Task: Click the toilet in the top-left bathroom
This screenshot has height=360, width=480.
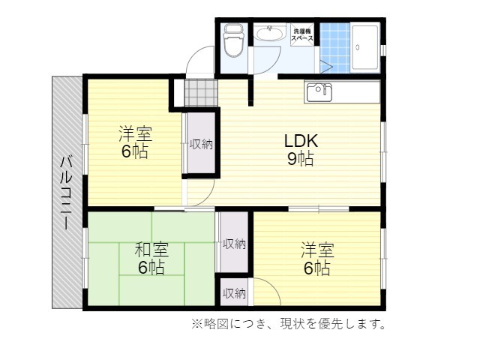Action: pyautogui.click(x=234, y=40)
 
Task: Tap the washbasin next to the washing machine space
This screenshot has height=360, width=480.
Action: pyautogui.click(x=269, y=33)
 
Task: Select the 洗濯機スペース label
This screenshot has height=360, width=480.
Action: pyautogui.click(x=302, y=34)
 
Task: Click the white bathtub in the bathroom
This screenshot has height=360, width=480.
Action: pyautogui.click(x=365, y=48)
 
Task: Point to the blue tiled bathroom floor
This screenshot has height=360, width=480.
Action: pyautogui.click(x=335, y=48)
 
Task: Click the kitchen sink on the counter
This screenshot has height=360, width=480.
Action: pyautogui.click(x=319, y=92)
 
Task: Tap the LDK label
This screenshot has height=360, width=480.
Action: pyautogui.click(x=301, y=141)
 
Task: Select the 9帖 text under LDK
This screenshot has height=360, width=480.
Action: pyautogui.click(x=301, y=158)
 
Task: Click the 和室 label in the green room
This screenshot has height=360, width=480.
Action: pyautogui.click(x=151, y=249)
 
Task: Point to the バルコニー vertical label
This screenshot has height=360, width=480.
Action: pyautogui.click(x=66, y=193)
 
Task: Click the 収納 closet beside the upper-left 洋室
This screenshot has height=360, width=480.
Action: pyautogui.click(x=201, y=143)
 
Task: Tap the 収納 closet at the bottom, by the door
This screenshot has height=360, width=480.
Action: pyautogui.click(x=234, y=293)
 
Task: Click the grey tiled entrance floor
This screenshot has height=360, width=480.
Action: pyautogui.click(x=201, y=93)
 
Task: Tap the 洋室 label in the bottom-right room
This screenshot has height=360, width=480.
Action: pyautogui.click(x=317, y=250)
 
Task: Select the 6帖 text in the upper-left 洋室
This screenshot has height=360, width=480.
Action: pyautogui.click(x=135, y=151)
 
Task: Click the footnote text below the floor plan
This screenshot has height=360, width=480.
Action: pyautogui.click(x=288, y=323)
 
